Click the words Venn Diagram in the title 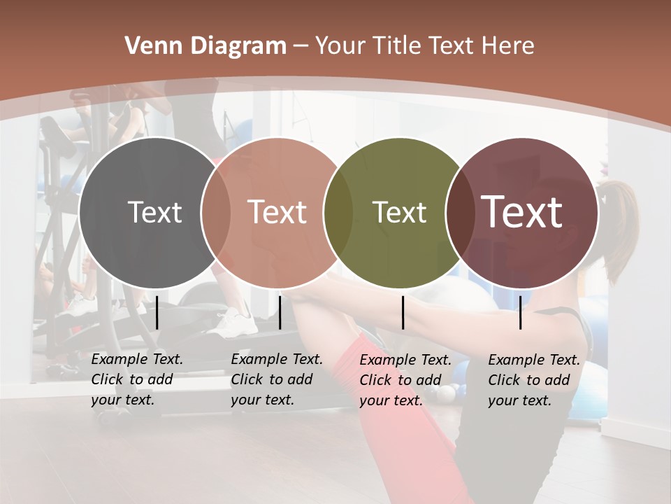pos(205,46)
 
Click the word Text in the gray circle pos(154,212)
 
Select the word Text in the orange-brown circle pos(277,212)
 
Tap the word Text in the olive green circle pos(399,212)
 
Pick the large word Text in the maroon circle pos(522,212)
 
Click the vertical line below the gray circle pos(157,312)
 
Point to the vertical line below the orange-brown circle pos(280,312)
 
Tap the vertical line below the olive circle pos(403,312)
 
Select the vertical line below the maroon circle pos(520,312)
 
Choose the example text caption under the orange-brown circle pos(277,379)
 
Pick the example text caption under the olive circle pos(405,380)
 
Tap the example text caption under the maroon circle pos(534,380)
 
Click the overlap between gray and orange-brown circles pos(216,212)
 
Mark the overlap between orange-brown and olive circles pos(339,212)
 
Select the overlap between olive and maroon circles pos(459,212)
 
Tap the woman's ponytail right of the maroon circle pos(618,231)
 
